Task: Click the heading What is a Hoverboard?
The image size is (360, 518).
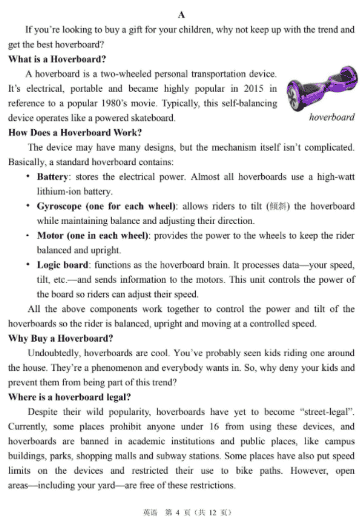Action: point(57,59)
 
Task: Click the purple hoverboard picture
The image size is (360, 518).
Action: point(319,91)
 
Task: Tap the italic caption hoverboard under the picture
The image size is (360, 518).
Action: point(331,118)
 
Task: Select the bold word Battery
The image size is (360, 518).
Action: point(52,177)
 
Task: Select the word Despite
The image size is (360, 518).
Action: point(42,412)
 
